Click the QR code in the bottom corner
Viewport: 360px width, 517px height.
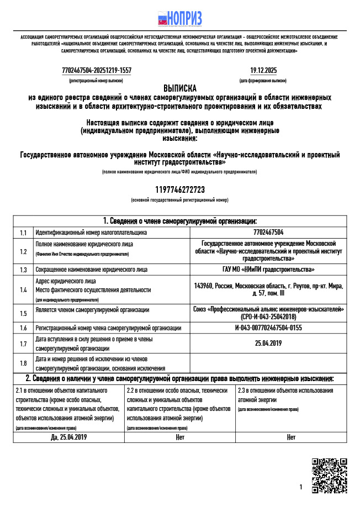pos(329,475)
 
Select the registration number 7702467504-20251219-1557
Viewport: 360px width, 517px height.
pos(97,71)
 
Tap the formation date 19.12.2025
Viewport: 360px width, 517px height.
pos(263,71)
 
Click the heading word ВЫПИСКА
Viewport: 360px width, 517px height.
pos(179,88)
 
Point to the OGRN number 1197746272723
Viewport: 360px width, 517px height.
pos(179,190)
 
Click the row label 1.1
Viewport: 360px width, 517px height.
pos(23,233)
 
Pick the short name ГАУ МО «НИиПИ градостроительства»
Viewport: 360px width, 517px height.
pos(268,270)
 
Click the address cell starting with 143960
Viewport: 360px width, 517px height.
pos(268,289)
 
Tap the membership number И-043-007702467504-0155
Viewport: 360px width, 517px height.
pos(268,328)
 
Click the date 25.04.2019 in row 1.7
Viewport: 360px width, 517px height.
pos(268,344)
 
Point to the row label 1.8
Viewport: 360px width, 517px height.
pos(23,363)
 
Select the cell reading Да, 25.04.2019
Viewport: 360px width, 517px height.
pos(68,437)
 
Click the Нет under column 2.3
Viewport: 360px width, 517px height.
pos(291,437)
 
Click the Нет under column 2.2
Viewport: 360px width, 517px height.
pos(179,437)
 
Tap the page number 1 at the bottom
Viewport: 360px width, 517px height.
pos(301,487)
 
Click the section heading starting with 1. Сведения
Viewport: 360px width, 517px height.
pos(179,221)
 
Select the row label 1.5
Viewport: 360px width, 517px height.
pos(23,313)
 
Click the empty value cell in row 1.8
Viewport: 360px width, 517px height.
pos(268,363)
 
